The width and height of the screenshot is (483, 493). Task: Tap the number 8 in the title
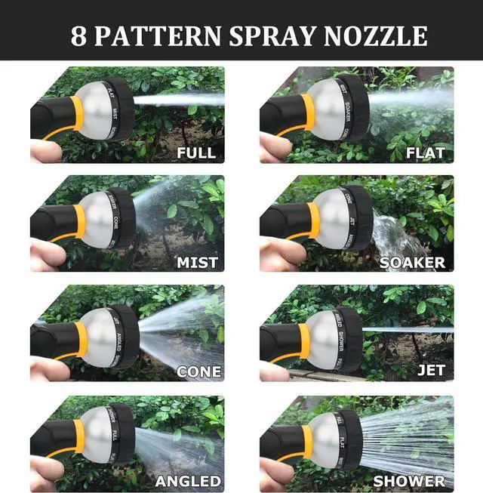coord(78,36)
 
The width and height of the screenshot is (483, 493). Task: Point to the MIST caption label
coord(197,263)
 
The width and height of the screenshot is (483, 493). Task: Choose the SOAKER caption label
coord(412,263)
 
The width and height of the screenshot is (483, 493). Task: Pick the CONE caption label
coord(198,372)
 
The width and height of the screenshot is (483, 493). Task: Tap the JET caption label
coord(431,371)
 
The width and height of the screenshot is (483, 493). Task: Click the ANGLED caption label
coord(188,481)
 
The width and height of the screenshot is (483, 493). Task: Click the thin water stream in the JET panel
coord(408,330)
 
